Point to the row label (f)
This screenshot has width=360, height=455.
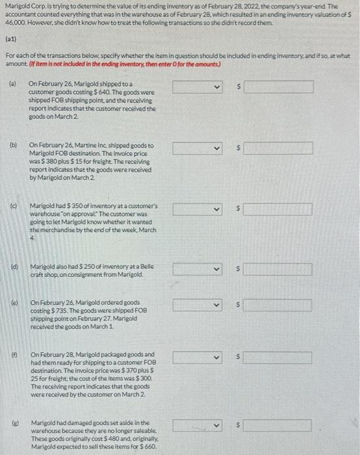(x=12, y=354)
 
